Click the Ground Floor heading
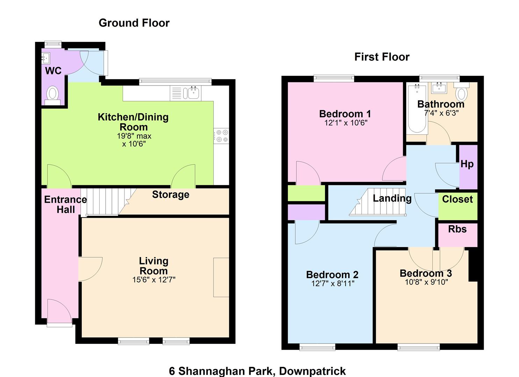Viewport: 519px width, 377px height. [134, 23]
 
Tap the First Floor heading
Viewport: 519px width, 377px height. [382, 57]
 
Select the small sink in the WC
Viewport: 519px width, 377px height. [46, 58]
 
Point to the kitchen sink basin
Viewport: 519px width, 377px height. [193, 93]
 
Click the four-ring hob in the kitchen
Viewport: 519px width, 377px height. [222, 136]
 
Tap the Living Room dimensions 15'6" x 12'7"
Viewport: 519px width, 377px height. [154, 280]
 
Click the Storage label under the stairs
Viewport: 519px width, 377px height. [171, 195]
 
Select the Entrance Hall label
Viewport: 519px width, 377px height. [66, 205]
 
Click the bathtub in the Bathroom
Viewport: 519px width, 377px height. [417, 109]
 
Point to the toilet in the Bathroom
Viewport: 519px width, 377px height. [462, 91]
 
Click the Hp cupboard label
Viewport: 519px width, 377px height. [467, 164]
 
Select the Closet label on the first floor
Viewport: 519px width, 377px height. [457, 199]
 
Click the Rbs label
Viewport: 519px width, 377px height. [457, 229]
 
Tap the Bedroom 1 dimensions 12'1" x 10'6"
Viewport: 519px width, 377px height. [346, 123]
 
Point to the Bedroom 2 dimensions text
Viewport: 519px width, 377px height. [333, 283]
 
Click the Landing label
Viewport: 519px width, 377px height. [392, 198]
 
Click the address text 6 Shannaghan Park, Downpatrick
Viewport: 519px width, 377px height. [257, 371]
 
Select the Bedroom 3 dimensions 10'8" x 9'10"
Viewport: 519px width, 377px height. [426, 282]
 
